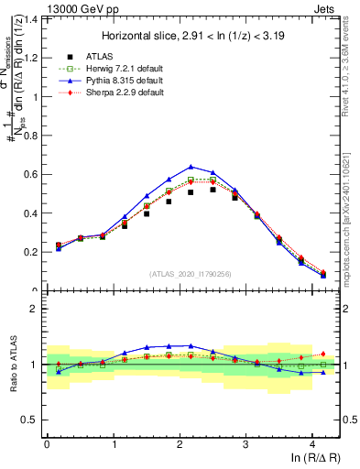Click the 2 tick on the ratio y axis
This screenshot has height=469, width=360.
(x=37, y=309)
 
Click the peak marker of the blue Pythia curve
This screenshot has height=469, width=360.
(x=191, y=167)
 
